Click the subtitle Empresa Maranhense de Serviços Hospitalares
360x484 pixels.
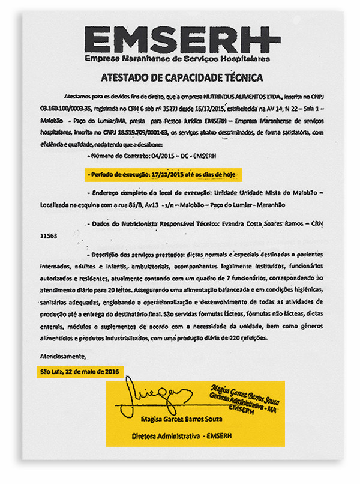pyautogui.click(x=177, y=59)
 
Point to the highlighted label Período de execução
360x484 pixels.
pyautogui.click(x=113, y=174)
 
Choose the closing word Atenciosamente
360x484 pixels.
pyautogui.click(x=61, y=358)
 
